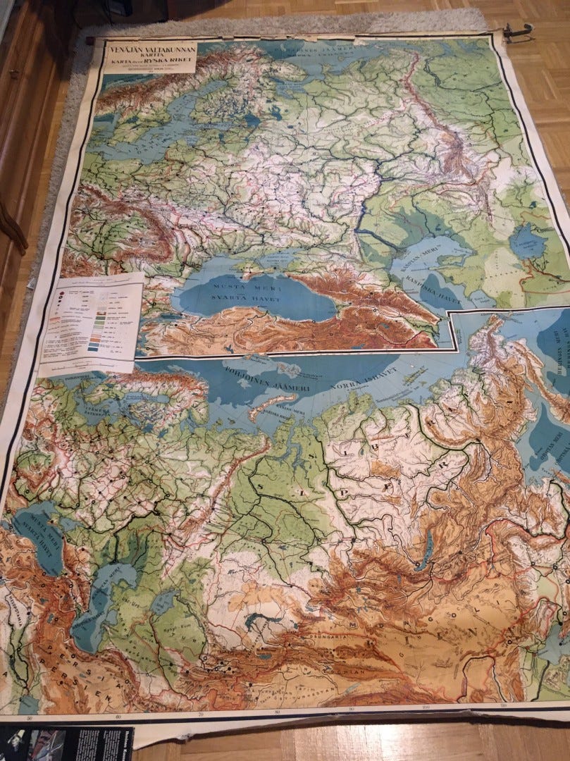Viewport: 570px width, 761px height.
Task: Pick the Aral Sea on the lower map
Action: (x=163, y=602)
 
